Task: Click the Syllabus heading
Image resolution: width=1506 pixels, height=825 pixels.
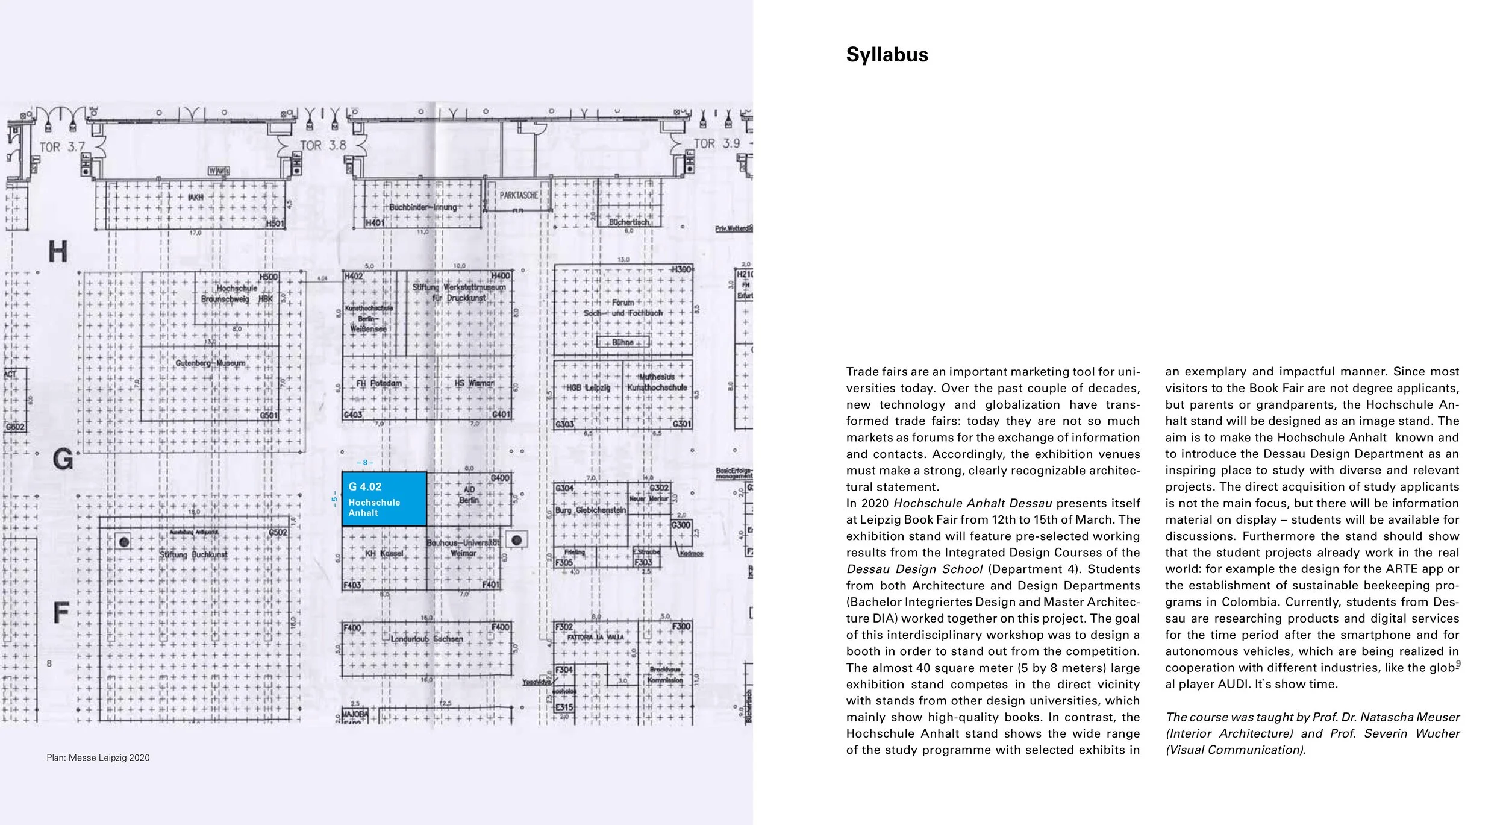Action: (x=887, y=55)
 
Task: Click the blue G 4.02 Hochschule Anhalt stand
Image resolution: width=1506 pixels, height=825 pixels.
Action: (x=384, y=499)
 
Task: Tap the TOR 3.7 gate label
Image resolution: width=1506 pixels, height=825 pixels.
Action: (x=62, y=147)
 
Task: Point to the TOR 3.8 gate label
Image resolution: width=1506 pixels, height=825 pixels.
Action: (x=323, y=146)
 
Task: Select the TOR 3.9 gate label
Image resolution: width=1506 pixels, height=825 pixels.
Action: (x=716, y=144)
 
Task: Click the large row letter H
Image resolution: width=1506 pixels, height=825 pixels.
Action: (x=58, y=251)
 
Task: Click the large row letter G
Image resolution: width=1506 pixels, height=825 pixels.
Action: (x=63, y=460)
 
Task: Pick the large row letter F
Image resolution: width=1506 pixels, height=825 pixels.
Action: (x=61, y=612)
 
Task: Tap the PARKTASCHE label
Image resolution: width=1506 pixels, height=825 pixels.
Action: (x=518, y=195)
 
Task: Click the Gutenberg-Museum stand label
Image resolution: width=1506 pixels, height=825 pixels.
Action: (x=210, y=363)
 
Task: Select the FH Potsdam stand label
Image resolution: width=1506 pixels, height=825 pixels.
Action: (x=378, y=383)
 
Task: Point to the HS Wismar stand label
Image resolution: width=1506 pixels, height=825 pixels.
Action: (x=474, y=383)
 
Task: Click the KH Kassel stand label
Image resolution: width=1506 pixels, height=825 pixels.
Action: (x=384, y=553)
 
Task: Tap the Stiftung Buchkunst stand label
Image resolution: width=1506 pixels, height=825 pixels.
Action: (x=193, y=554)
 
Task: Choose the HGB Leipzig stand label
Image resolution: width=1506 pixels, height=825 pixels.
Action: (x=588, y=388)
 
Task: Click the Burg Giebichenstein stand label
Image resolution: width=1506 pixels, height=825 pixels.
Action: (x=590, y=510)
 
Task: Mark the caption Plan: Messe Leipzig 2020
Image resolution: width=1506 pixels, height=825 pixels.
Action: (x=98, y=758)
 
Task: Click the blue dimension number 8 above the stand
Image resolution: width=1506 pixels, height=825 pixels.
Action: (x=365, y=463)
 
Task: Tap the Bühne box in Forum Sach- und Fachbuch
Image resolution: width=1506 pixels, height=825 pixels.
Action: (x=623, y=342)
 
